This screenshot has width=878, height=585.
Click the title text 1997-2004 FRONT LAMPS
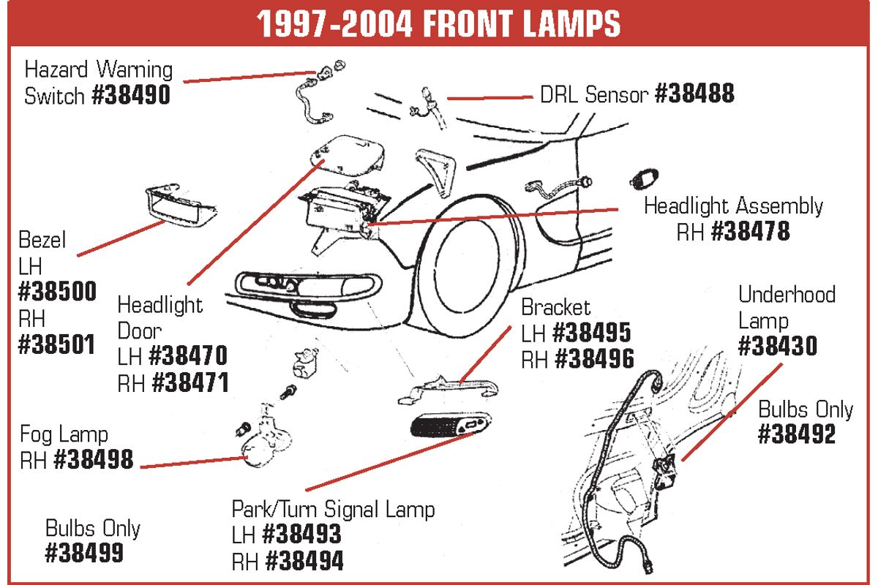pos(438,23)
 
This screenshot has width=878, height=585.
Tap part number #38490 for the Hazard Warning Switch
pos(131,95)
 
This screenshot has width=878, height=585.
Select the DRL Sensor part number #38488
pos(694,94)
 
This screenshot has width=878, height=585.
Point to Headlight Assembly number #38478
pos(751,231)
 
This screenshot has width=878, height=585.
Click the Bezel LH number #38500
pos(57,291)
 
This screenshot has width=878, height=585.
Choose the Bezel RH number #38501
pos(56,344)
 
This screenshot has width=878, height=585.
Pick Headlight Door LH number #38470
pos(188,355)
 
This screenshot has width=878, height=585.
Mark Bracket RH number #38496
pos(595,358)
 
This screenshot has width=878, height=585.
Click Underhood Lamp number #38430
pos(778,345)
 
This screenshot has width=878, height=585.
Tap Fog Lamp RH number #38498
pos(94,459)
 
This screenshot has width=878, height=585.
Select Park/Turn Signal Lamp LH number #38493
pos(301,534)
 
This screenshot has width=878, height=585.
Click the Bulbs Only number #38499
pos(84,553)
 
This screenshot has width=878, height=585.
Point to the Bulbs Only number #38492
pos(797,434)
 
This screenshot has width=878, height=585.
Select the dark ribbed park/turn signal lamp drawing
pos(450,425)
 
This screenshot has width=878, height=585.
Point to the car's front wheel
pos(468,265)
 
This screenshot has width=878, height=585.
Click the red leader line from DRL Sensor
pos(490,98)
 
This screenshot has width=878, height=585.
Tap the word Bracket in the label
pos(555,307)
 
